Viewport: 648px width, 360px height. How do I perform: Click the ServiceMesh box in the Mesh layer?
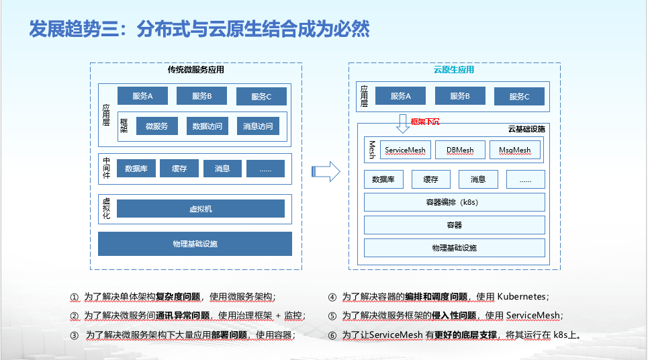click(405, 150)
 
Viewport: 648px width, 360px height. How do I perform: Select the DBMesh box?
click(460, 150)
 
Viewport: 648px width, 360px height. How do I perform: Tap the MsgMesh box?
click(515, 150)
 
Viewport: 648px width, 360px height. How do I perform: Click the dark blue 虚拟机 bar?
click(200, 209)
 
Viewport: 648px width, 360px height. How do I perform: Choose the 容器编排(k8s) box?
click(454, 202)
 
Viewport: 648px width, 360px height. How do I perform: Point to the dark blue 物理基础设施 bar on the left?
click(195, 244)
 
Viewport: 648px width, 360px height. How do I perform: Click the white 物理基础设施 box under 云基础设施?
click(454, 248)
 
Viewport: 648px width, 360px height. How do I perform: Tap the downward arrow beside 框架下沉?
click(402, 122)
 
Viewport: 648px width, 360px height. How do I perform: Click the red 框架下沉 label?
click(424, 122)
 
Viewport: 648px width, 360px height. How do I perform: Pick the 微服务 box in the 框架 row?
click(156, 126)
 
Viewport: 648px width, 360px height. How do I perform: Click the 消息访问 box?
click(258, 126)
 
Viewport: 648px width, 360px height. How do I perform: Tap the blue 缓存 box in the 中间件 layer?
click(179, 169)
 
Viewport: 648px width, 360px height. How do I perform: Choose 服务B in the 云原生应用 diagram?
click(459, 96)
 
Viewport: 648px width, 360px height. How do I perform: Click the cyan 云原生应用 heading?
click(454, 70)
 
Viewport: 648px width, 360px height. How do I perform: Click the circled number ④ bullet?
click(332, 297)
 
